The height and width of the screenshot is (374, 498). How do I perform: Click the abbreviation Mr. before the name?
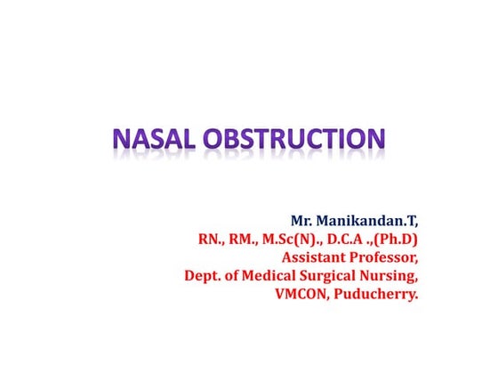[303, 219]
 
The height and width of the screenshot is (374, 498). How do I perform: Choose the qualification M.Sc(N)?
[293, 239]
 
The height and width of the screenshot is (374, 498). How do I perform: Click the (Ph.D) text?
[396, 239]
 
